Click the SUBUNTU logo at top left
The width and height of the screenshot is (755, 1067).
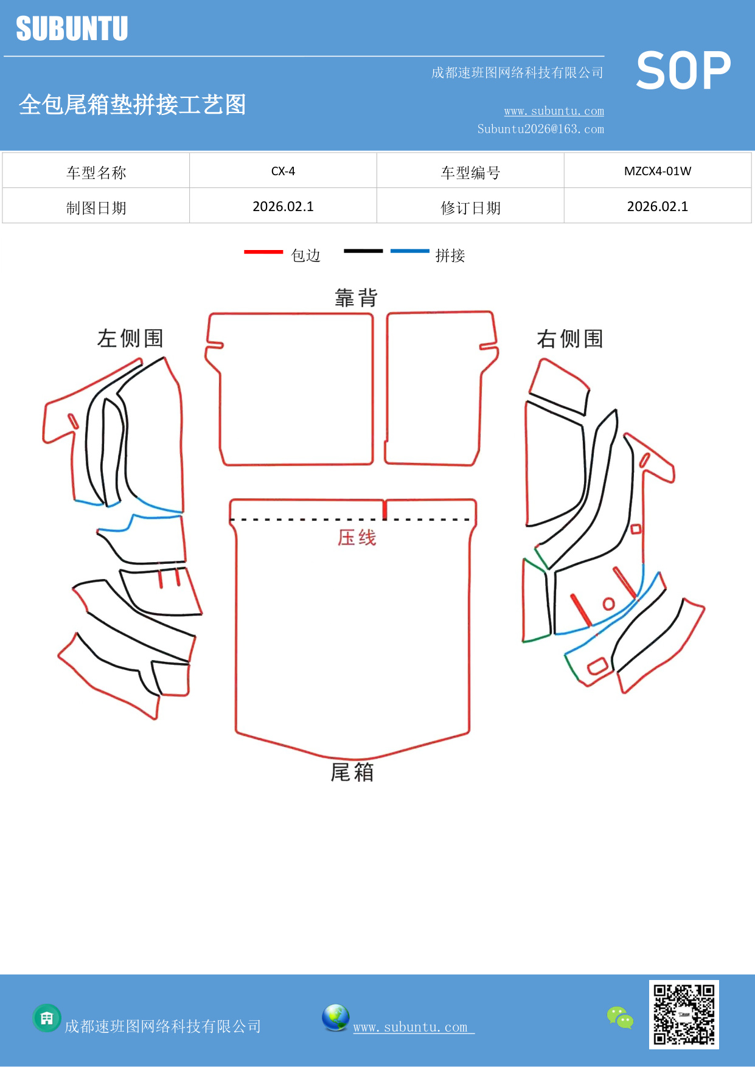[72, 29]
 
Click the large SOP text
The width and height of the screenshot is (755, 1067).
[683, 71]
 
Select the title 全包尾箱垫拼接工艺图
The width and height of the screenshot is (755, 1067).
[132, 105]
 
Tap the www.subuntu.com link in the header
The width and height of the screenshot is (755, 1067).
[554, 111]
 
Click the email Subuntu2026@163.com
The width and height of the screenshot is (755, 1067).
[540, 129]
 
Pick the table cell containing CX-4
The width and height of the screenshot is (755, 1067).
[283, 171]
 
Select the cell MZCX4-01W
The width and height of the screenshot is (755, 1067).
[658, 171]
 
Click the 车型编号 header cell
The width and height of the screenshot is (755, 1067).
[470, 173]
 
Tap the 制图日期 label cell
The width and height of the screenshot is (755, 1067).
[96, 208]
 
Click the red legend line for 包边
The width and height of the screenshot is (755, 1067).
[263, 251]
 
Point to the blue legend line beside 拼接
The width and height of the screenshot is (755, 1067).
[409, 251]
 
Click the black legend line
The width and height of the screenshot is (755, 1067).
[363, 251]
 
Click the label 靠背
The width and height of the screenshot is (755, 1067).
[356, 298]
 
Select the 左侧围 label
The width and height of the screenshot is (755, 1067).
[130, 338]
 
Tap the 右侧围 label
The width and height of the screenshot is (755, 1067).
[569, 339]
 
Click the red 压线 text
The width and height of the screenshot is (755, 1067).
[357, 538]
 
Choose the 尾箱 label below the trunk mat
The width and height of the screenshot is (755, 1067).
[352, 773]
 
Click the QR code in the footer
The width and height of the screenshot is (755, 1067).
[684, 1015]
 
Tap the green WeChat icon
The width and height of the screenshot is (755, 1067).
[620, 1017]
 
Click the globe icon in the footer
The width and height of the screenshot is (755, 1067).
[335, 1018]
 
